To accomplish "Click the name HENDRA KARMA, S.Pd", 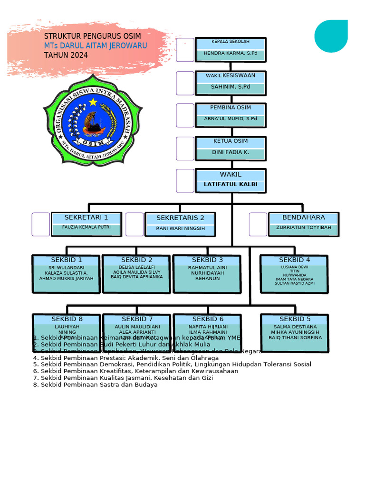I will (x=231, y=54).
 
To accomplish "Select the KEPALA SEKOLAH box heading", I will (x=231, y=42).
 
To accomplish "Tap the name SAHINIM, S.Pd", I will (x=231, y=87).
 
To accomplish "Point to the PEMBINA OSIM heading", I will (x=231, y=108).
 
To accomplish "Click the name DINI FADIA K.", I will (x=231, y=152).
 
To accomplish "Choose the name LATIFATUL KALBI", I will (x=231, y=184).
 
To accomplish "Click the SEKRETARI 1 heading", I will (x=86, y=217).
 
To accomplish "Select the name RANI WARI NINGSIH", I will (x=181, y=228).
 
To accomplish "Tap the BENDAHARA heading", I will (x=304, y=217).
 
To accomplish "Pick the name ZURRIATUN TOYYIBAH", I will (x=304, y=228).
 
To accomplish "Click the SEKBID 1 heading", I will (x=67, y=260).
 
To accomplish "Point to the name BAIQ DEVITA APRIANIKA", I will (x=137, y=277).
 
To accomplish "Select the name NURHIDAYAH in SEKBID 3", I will (x=208, y=273).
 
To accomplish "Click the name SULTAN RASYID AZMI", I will (x=295, y=283).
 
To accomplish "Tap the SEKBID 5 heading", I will (x=295, y=319).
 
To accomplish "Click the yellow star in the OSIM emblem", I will (x=93, y=102).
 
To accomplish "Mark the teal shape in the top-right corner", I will (x=331, y=36).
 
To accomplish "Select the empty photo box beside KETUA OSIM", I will (x=185, y=149).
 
